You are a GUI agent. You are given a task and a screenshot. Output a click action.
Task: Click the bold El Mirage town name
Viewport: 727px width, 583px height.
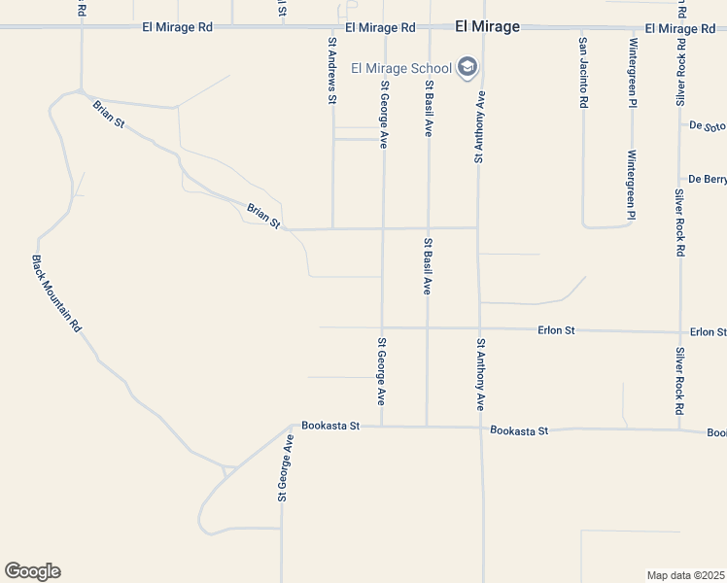click(x=487, y=28)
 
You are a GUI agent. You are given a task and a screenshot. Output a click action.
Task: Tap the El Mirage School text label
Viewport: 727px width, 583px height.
click(x=401, y=68)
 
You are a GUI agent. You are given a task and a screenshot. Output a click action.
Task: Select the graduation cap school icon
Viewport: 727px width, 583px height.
click(x=467, y=67)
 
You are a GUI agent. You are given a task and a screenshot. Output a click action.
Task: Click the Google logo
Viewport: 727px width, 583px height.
click(x=32, y=571)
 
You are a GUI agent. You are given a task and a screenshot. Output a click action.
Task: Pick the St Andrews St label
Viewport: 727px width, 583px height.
click(x=332, y=70)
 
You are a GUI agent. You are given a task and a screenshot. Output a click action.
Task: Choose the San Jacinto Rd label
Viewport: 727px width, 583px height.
click(x=583, y=72)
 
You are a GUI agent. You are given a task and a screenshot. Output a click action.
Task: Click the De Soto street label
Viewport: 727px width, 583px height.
click(x=708, y=126)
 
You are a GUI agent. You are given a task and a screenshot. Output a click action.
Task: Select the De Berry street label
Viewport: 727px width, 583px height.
click(x=708, y=179)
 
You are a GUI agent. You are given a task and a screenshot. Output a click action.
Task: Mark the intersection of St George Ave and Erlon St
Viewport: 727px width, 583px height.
click(x=382, y=327)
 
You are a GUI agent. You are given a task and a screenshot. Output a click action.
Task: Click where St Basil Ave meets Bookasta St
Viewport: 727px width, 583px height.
click(x=427, y=426)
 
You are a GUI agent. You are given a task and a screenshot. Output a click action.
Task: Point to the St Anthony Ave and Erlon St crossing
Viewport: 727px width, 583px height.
click(x=479, y=328)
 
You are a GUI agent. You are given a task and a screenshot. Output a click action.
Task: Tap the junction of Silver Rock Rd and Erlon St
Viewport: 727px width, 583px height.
click(x=680, y=332)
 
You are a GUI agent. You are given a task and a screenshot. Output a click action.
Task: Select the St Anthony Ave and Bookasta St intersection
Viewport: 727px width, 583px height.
click(x=481, y=428)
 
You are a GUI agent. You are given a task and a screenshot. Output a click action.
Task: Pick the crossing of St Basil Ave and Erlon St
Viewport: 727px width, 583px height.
click(x=427, y=328)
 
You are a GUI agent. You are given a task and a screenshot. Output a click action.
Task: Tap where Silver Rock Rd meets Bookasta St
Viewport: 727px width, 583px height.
click(x=680, y=429)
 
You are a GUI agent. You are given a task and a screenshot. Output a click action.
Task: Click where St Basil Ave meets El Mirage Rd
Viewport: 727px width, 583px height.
click(x=428, y=27)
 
